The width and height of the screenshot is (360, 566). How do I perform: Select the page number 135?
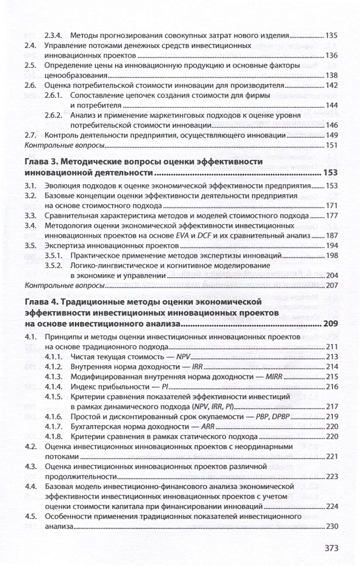(x=331, y=35)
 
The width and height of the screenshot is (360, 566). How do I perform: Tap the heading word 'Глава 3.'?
(x=43, y=162)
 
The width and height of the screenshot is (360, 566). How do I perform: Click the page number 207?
(x=331, y=286)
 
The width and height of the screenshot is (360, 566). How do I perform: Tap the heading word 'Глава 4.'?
(x=43, y=303)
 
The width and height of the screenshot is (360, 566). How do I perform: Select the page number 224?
(x=331, y=507)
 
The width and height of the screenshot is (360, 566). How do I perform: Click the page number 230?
(x=331, y=527)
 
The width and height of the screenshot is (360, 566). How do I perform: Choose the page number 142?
(x=331, y=85)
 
